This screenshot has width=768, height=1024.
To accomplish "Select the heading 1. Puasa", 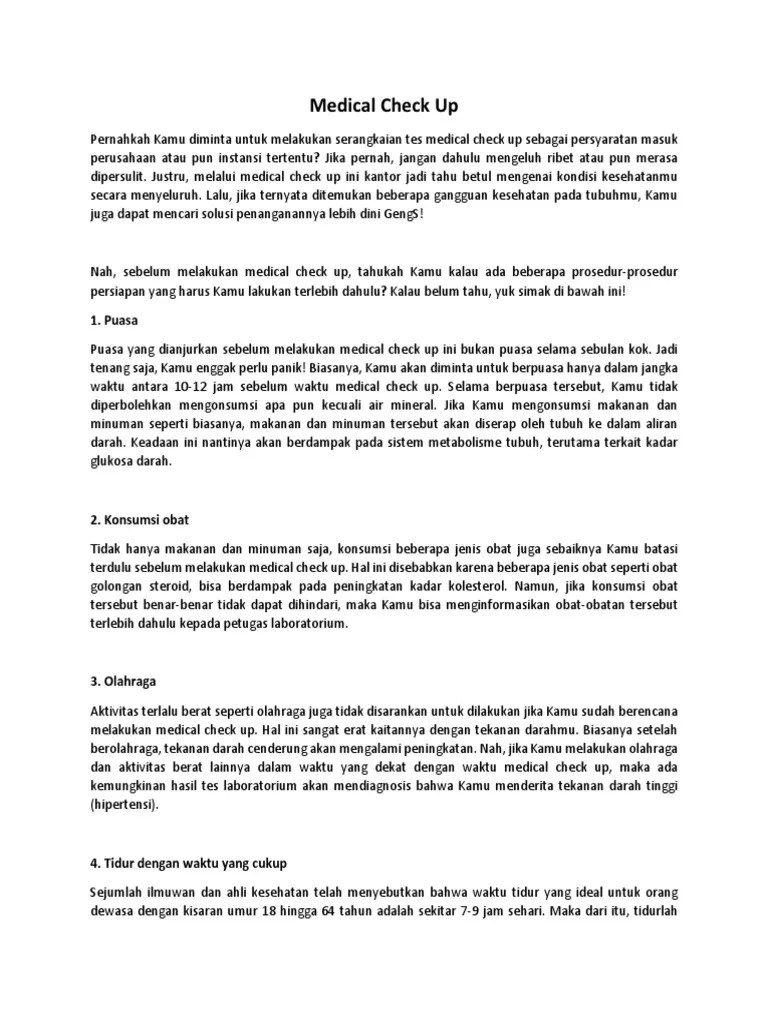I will pyautogui.click(x=115, y=321).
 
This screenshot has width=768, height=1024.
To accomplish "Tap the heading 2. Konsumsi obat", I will pyautogui.click(x=139, y=521).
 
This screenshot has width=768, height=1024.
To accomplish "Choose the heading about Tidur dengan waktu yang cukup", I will pyautogui.click(x=189, y=863).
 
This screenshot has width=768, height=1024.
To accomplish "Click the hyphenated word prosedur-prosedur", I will pyautogui.click(x=626, y=271).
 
